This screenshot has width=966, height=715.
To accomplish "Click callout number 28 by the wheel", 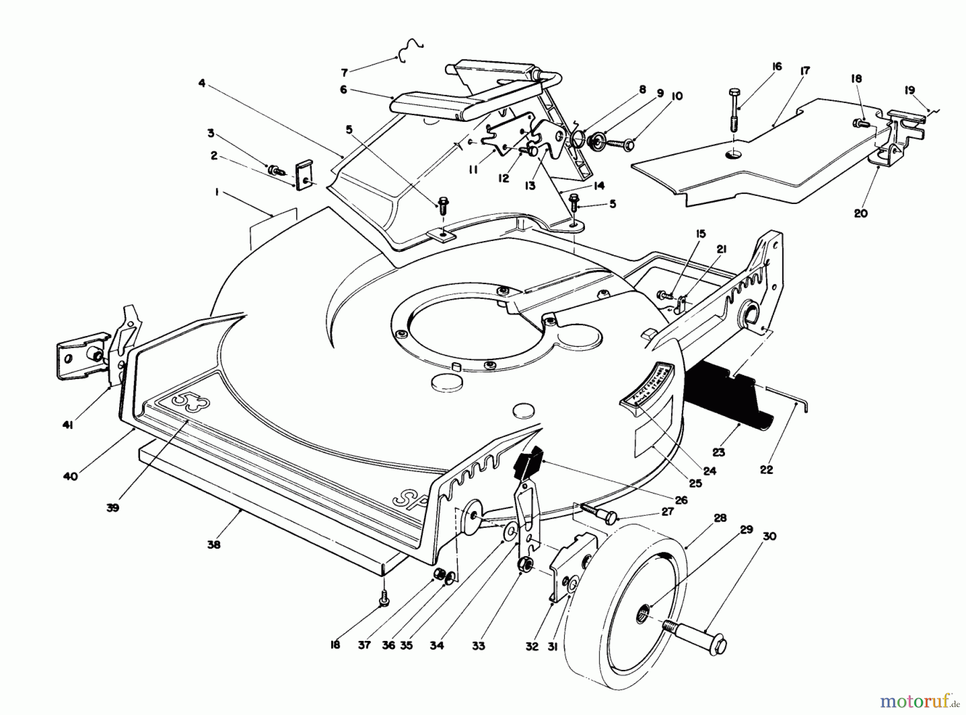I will (720, 518).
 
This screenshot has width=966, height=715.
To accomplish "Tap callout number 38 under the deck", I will (214, 544).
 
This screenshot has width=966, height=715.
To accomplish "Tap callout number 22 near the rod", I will (766, 469).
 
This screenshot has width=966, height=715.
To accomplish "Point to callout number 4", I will (202, 84).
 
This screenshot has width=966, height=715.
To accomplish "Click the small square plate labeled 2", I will (304, 175).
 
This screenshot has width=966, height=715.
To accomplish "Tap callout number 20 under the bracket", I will (860, 213).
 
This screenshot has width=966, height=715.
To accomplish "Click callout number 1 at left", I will (217, 192).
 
